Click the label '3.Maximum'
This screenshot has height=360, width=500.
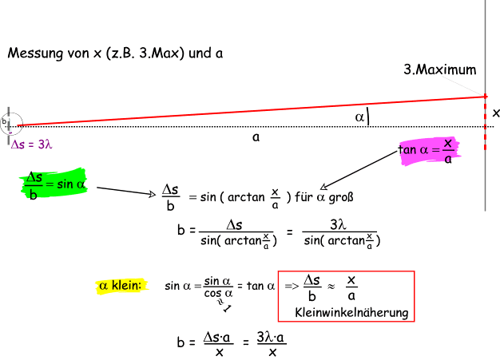pyautogui.click(x=439, y=69)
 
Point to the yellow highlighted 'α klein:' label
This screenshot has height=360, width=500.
pyautogui.click(x=121, y=285)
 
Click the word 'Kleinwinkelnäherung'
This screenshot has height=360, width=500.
pyautogui.click(x=351, y=312)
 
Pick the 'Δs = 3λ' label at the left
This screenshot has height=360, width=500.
pyautogui.click(x=33, y=144)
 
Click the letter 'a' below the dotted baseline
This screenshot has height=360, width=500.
pyautogui.click(x=255, y=137)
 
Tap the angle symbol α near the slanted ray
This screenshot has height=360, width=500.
pyautogui.click(x=360, y=117)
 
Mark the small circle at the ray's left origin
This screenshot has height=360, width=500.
pyautogui.click(x=10, y=122)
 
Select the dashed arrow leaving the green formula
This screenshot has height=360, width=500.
pyautogui.click(x=125, y=192)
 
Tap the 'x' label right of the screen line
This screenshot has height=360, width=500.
pyautogui.click(x=495, y=113)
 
